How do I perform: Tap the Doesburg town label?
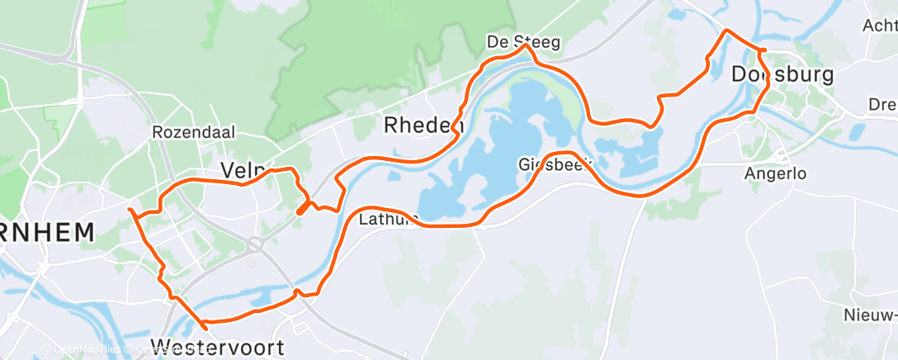pos(782,74)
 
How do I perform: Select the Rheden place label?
pos(423,126)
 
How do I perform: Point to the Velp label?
pos(240,170)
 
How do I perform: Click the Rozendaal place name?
pos(194,132)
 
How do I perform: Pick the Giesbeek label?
pos(557,164)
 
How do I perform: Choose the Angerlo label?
pos(774,174)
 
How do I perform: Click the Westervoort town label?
pos(217,347)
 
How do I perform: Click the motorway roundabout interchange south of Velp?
pos(254,244)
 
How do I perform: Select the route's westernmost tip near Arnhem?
pos(130,210)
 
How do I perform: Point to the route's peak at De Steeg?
pos(525,47)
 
